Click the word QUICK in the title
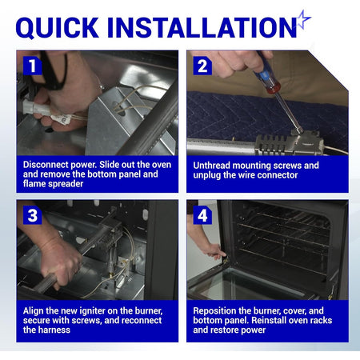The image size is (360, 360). [58, 27]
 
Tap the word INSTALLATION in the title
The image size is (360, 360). [202, 27]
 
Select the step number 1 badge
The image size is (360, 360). [33, 66]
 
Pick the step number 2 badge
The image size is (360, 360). [202, 66]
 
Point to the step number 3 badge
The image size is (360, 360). [33, 215]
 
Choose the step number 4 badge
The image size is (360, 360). [202, 215]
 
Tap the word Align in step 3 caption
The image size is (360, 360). [33, 311]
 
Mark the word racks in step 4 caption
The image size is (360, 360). [321, 321]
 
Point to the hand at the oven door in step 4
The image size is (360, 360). [212, 250]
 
